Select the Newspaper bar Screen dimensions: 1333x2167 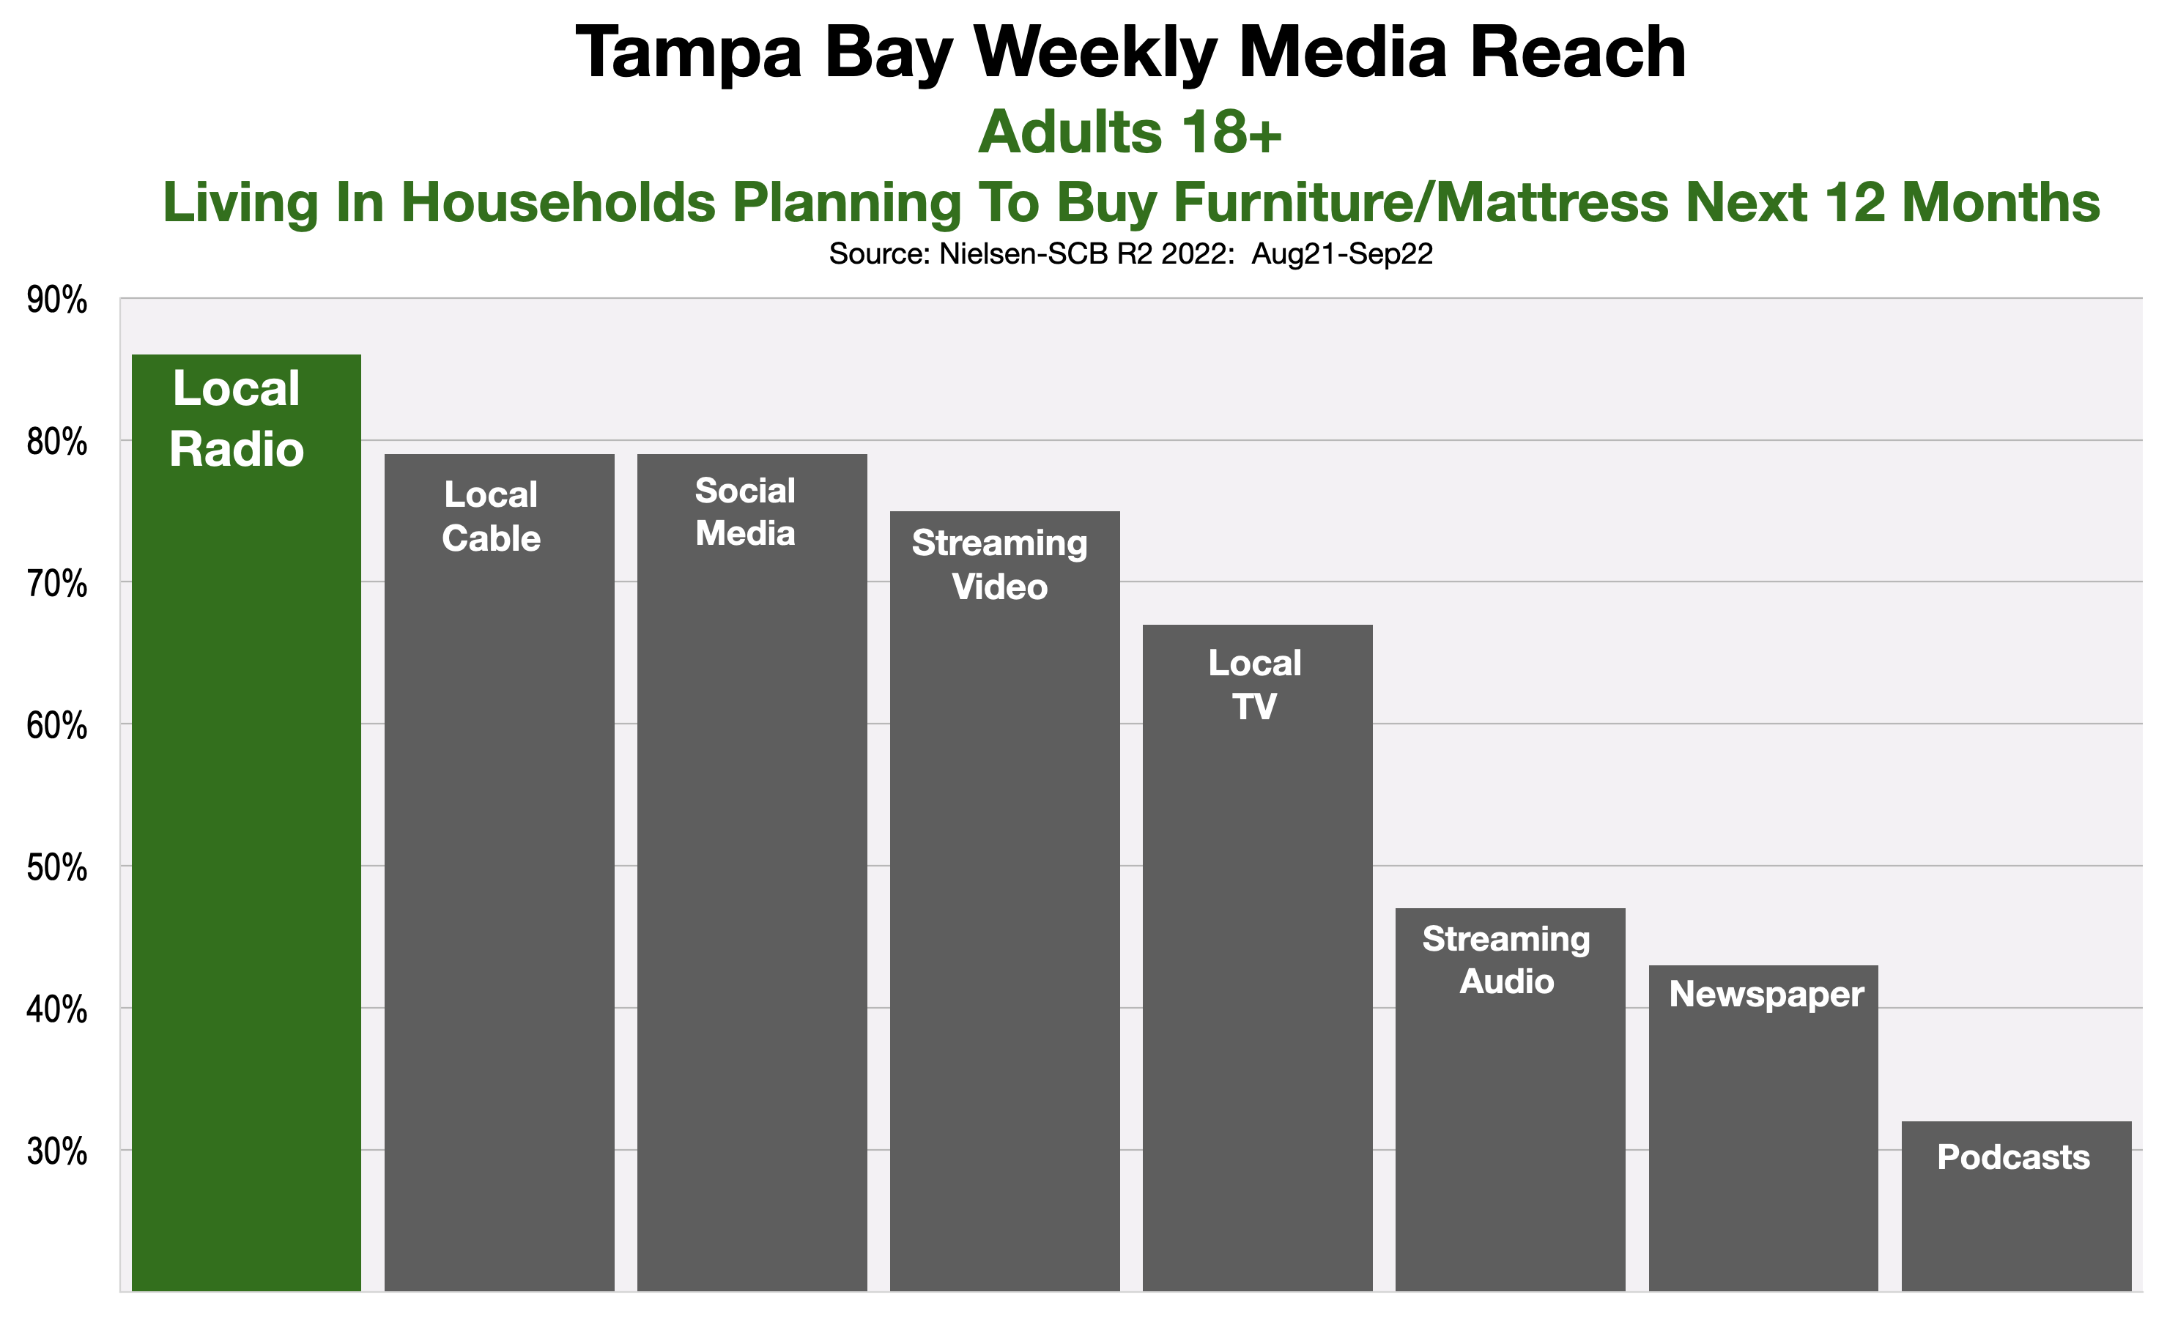(1763, 1129)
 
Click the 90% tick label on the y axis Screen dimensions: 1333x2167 (57, 300)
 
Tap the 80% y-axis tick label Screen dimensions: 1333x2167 (57, 442)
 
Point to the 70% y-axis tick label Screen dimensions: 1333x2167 (57, 584)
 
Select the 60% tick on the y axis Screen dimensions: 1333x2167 (57, 726)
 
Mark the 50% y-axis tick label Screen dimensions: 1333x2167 (57, 867)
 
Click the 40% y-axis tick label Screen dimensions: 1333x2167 (57, 1009)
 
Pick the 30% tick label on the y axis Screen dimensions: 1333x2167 (57, 1151)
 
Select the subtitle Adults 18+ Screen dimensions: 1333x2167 (1130, 133)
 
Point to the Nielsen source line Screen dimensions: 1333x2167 (1130, 254)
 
